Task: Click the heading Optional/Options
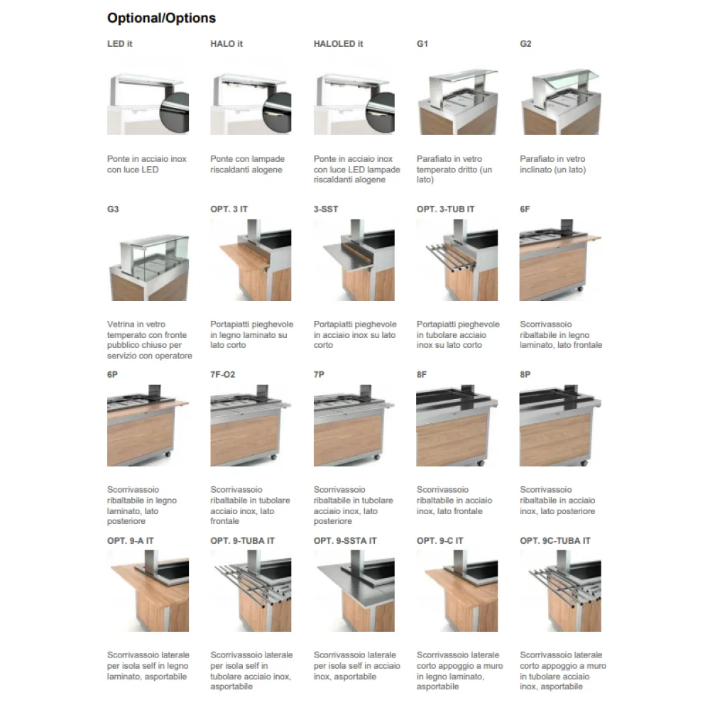[x=161, y=18]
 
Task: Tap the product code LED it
[x=120, y=44]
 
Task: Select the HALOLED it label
[x=338, y=44]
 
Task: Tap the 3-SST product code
[x=327, y=209]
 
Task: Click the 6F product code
[x=526, y=209]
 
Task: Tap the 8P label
[x=526, y=375]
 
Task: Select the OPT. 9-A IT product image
[x=148, y=591]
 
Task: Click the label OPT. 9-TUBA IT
[x=242, y=541]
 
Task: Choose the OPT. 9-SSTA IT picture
[x=354, y=591]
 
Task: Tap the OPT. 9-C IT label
[x=440, y=541]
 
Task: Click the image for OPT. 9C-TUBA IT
[x=560, y=591]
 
